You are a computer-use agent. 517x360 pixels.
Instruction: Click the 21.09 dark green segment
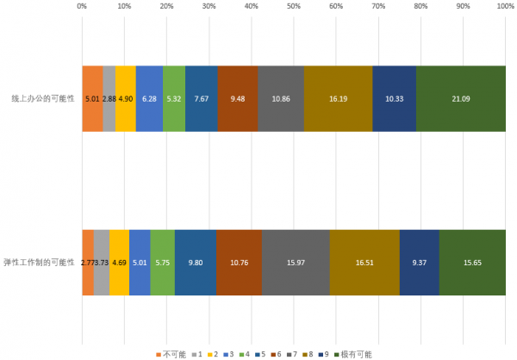pyautogui.click(x=461, y=99)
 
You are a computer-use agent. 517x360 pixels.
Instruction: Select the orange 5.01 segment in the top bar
pyautogui.click(x=92, y=99)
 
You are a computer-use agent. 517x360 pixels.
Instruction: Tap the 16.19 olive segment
pyautogui.click(x=339, y=99)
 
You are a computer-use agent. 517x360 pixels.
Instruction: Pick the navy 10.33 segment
pyautogui.click(x=395, y=99)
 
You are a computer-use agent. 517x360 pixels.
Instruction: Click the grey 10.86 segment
pyautogui.click(x=281, y=99)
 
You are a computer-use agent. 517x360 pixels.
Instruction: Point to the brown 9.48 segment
pyautogui.click(x=238, y=99)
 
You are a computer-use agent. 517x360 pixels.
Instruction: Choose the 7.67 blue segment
pyautogui.click(x=202, y=99)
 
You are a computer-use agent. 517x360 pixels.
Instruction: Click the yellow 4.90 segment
pyautogui.click(x=126, y=99)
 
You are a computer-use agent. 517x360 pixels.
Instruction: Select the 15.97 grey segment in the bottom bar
pyautogui.click(x=296, y=262)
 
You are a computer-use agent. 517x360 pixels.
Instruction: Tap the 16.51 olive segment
pyautogui.click(x=364, y=262)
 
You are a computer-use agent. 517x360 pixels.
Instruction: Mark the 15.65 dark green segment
pyautogui.click(x=472, y=262)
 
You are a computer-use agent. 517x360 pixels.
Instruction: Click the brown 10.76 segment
pyautogui.click(x=240, y=262)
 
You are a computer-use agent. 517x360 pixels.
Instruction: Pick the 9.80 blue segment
pyautogui.click(x=196, y=262)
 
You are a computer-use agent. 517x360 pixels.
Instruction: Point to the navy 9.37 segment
pyautogui.click(x=420, y=262)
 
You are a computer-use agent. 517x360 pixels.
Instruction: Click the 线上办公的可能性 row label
pyautogui.click(x=43, y=99)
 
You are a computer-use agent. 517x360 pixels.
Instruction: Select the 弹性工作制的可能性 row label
pyautogui.click(x=40, y=262)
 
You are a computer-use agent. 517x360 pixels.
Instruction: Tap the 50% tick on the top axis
pyautogui.click(x=294, y=6)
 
